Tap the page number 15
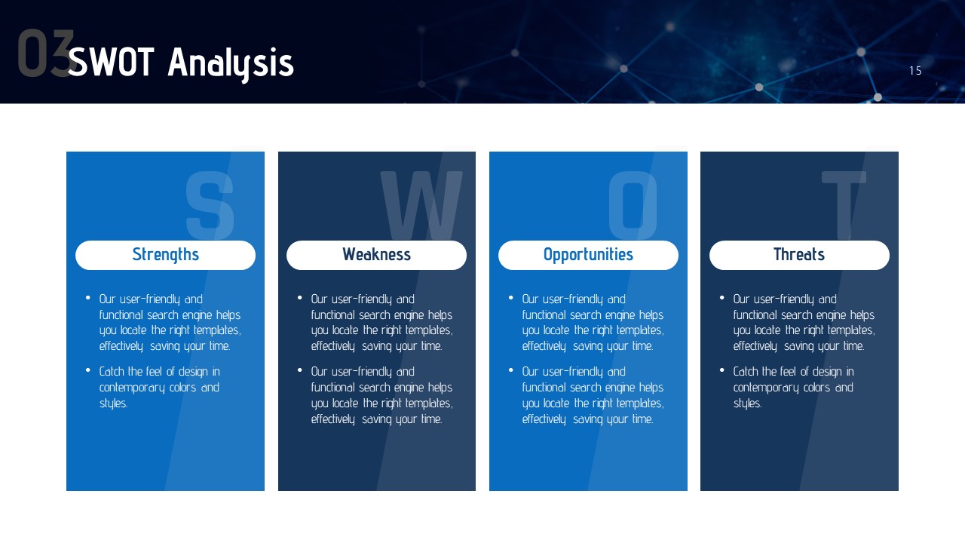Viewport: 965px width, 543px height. pos(915,71)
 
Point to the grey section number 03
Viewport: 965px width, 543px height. pos(45,53)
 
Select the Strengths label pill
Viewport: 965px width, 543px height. pos(165,255)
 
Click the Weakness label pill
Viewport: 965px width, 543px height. pos(376,255)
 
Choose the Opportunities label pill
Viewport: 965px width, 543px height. pos(589,255)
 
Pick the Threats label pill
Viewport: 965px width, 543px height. pos(800,255)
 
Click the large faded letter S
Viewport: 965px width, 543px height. pos(210,204)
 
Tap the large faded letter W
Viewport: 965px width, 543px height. pos(421,204)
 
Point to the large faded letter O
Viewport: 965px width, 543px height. pos(633,204)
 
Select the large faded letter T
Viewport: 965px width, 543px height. pos(844,204)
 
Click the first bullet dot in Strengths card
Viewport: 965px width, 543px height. pos(88,297)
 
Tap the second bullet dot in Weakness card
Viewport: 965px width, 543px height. pos(300,370)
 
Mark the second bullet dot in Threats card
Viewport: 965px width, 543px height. pos(722,370)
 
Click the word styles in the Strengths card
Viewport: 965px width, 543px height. pos(114,403)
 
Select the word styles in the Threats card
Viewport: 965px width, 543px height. pos(748,403)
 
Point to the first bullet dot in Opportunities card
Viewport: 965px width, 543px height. pos(511,297)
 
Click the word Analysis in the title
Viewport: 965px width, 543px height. pos(231,64)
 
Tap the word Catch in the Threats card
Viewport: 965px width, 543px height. pos(746,371)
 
